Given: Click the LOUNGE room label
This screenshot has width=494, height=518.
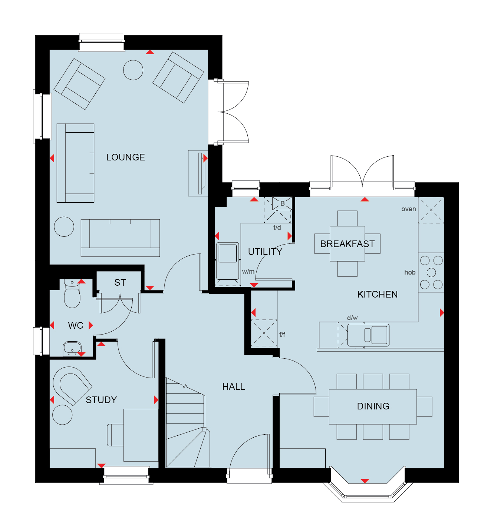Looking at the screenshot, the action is click(x=126, y=157).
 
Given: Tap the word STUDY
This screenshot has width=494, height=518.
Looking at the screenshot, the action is click(x=101, y=400).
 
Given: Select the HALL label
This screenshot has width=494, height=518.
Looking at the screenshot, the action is click(x=234, y=386).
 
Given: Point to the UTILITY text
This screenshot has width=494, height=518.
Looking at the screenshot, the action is click(x=265, y=252).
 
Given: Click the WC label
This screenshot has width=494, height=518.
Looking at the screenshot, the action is click(x=76, y=325).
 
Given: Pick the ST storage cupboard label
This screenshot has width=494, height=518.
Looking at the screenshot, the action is click(x=120, y=282).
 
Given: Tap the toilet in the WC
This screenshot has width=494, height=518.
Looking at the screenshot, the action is click(x=72, y=293).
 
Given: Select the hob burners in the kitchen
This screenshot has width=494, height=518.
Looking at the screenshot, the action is click(x=431, y=272).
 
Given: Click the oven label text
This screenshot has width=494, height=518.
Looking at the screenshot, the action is click(x=409, y=209).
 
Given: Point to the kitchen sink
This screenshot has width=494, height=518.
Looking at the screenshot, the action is click(x=368, y=335).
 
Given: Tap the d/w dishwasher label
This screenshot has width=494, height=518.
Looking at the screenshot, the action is click(x=352, y=318).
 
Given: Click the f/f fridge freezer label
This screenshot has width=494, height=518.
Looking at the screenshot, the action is click(x=282, y=334).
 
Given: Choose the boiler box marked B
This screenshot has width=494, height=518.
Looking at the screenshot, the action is click(x=282, y=203).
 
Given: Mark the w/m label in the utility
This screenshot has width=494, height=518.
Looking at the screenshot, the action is click(x=248, y=271).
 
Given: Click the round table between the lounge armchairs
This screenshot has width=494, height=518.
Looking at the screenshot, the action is click(x=133, y=70).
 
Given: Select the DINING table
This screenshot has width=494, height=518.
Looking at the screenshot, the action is click(x=373, y=406).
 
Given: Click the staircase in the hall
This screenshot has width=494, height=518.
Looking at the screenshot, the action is click(x=188, y=423).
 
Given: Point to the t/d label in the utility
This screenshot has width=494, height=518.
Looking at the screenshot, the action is click(x=277, y=228).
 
